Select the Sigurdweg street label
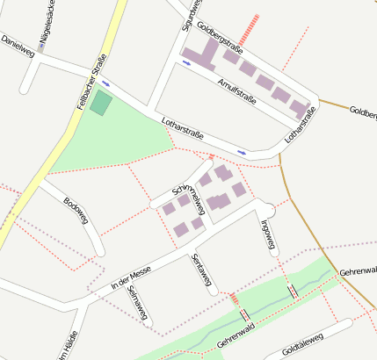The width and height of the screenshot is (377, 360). (x=185, y=17)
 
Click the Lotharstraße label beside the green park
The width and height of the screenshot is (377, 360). (x=183, y=129)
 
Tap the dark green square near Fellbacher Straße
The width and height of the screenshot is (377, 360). (x=101, y=102)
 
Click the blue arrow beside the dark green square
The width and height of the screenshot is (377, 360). (x=106, y=83)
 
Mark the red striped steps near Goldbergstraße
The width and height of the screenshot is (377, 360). (x=252, y=27)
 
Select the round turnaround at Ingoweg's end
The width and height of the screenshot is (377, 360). (x=266, y=208)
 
